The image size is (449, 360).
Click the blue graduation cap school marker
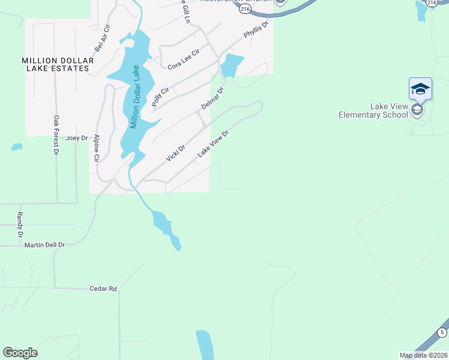tap(420, 89)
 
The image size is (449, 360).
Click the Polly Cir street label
tap(161, 97)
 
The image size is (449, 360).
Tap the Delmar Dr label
tap(212, 98)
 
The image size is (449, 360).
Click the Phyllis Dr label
tap(256, 31)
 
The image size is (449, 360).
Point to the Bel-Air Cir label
tap(100, 37)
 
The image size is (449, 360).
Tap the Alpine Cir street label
tap(96, 149)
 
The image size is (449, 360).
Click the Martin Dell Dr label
tap(44, 245)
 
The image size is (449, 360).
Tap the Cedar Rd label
tap(103, 289)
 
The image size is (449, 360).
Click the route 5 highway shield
tap(442, 332)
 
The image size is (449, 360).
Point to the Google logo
tap(20, 353)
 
